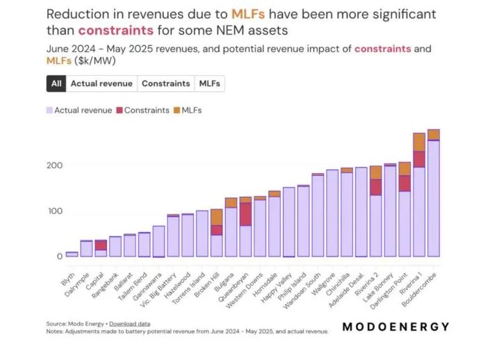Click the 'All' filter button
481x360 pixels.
pyautogui.click(x=56, y=83)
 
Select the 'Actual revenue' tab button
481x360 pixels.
pyautogui.click(x=101, y=83)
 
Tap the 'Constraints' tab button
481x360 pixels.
pyautogui.click(x=165, y=83)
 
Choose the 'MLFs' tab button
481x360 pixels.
pyautogui.click(x=209, y=83)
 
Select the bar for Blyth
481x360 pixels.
pyautogui.click(x=72, y=254)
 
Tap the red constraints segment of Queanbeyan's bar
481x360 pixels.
pyautogui.click(x=245, y=214)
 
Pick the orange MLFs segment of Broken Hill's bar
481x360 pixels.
pyautogui.click(x=216, y=217)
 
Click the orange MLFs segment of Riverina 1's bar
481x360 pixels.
pyautogui.click(x=418, y=142)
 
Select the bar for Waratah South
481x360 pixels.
pyautogui.click(x=318, y=215)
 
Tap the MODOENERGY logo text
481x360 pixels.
pyautogui.click(x=396, y=327)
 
